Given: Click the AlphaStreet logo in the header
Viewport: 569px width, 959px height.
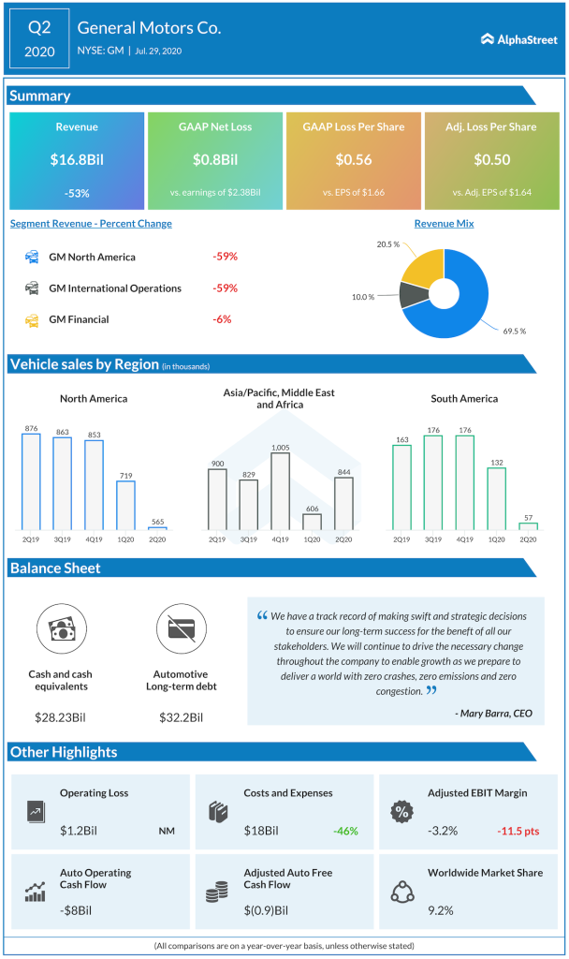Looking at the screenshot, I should click(x=518, y=38).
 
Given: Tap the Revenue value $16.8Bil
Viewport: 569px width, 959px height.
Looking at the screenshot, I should click(x=77, y=159).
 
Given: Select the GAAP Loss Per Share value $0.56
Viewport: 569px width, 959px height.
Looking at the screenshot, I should click(x=354, y=159).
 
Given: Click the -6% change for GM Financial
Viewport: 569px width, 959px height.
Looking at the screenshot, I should click(x=222, y=319).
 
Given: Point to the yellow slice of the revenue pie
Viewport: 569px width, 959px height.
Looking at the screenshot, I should click(x=424, y=267).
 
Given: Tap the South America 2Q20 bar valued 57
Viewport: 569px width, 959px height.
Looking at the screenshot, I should click(x=528, y=526).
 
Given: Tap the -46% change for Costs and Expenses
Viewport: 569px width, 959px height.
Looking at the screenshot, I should click(x=345, y=830).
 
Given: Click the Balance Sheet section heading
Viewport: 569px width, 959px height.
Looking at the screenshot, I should click(x=55, y=568).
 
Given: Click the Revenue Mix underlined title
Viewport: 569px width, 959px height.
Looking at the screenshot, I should click(x=444, y=224).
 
